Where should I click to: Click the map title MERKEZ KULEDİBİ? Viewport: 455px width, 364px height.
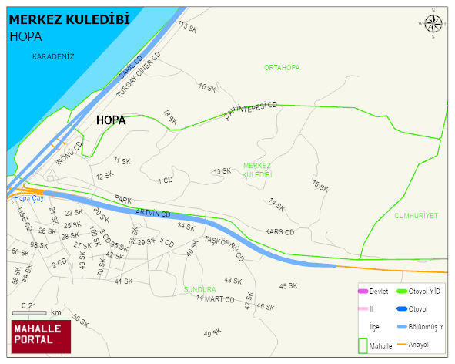69,19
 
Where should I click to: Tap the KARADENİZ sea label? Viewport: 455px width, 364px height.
53,56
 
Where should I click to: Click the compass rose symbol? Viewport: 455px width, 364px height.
433,25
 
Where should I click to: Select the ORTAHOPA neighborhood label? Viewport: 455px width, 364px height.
282,68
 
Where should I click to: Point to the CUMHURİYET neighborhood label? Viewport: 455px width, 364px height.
416,216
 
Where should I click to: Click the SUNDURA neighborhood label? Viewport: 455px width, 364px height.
199,289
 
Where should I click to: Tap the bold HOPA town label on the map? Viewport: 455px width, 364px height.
111,121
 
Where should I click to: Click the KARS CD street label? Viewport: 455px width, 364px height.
279,232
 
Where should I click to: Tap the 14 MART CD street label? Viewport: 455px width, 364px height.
215,298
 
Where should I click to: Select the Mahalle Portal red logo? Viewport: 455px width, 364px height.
41,335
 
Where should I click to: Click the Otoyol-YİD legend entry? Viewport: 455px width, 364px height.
420,292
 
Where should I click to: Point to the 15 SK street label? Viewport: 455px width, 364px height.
320,186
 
